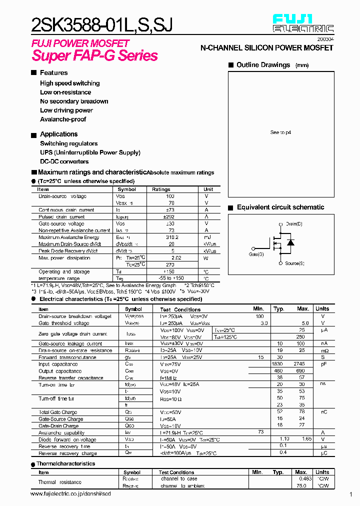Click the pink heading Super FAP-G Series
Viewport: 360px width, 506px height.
coord(95,55)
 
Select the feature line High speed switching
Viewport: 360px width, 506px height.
coord(69,83)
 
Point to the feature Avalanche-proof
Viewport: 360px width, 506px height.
coord(63,119)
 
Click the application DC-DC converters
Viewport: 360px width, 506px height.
coord(64,161)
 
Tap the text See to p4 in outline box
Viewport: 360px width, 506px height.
coord(280,132)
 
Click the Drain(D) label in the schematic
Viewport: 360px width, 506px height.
coord(293,223)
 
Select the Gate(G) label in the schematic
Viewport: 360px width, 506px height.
coord(256,254)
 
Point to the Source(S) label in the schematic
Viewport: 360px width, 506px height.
coord(294,263)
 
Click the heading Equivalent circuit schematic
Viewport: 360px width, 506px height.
coord(280,207)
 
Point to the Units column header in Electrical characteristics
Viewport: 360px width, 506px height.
coord(322,309)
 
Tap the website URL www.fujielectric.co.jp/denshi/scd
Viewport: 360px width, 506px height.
coord(70,493)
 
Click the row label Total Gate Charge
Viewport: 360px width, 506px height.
coord(57,412)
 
